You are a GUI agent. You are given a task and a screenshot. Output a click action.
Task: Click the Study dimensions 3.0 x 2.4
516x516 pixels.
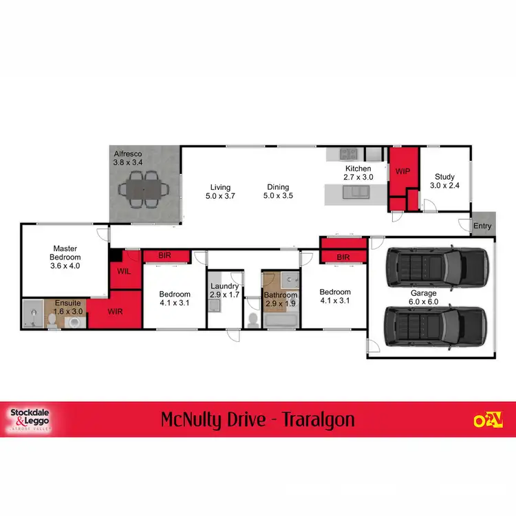coord(444,186)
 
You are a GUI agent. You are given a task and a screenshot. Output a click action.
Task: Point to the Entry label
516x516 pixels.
coord(482,226)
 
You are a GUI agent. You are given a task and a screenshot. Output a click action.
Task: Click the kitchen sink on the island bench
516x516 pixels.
coord(358,193)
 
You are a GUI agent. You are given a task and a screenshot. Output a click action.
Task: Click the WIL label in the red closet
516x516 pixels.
coord(124,272)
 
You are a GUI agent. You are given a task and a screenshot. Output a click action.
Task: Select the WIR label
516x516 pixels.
coord(115,311)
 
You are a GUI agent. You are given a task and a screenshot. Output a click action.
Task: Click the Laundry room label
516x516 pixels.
coord(225,286)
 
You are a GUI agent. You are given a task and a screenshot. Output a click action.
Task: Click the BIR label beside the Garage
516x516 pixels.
coord(343,257)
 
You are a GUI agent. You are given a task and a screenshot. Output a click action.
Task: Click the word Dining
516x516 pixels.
coord(278,187)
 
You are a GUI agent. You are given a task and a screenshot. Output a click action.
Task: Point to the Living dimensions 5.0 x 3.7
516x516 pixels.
coord(220,196)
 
